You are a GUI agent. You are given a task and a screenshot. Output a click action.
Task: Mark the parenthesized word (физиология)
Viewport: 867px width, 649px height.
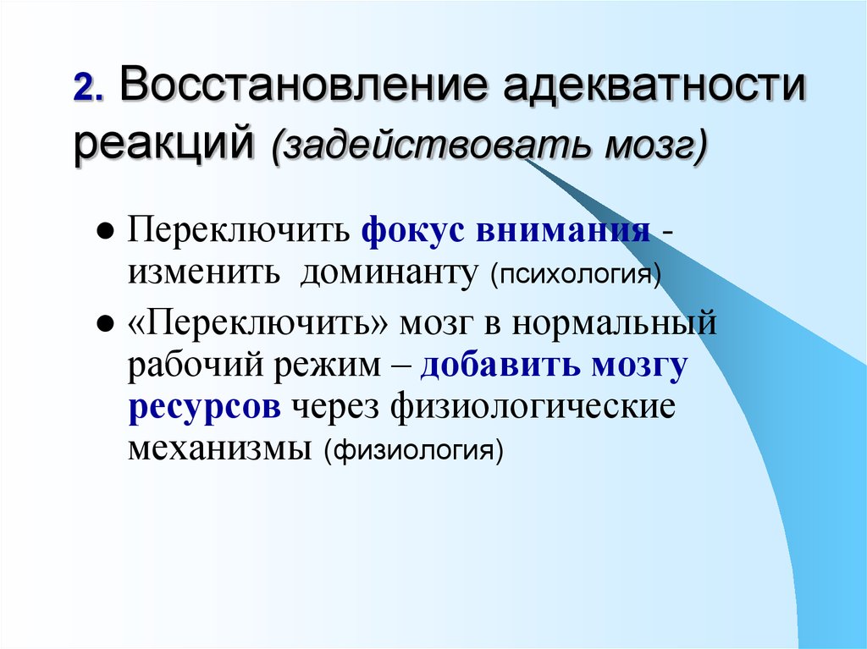pos(412,449)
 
